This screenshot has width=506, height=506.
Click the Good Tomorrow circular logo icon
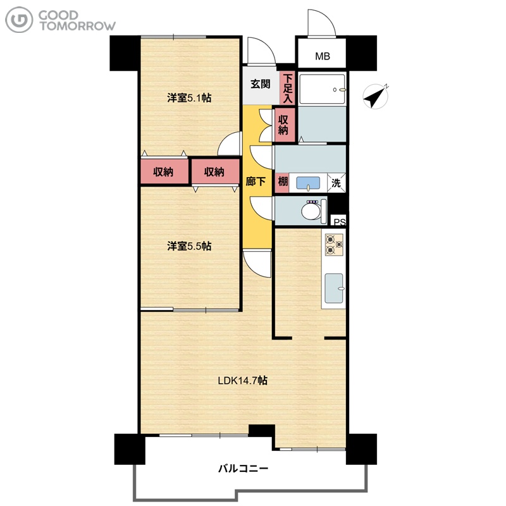point(19,20)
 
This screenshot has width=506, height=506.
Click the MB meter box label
point(323,56)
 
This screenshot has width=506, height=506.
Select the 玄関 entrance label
point(261,84)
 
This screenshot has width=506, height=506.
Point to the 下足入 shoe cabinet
point(288,88)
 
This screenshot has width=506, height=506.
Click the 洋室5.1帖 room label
point(189,98)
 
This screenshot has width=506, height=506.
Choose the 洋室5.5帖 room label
point(189,246)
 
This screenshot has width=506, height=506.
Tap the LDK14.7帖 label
point(243,381)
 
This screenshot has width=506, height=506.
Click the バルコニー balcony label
point(244,468)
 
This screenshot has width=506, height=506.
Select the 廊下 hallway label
point(256,182)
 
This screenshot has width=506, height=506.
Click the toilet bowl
point(311,211)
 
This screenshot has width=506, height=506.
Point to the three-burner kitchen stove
point(334,244)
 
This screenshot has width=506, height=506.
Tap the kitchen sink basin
point(334,288)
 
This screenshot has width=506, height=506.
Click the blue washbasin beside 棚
point(308,183)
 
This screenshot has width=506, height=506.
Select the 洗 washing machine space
point(336,183)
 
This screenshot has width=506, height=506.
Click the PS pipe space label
point(339,222)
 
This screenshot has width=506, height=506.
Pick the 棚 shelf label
point(283,182)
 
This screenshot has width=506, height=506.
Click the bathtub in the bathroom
point(322,89)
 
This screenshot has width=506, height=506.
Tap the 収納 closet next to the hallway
point(284,125)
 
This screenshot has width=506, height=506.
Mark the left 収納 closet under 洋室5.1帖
point(164,171)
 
